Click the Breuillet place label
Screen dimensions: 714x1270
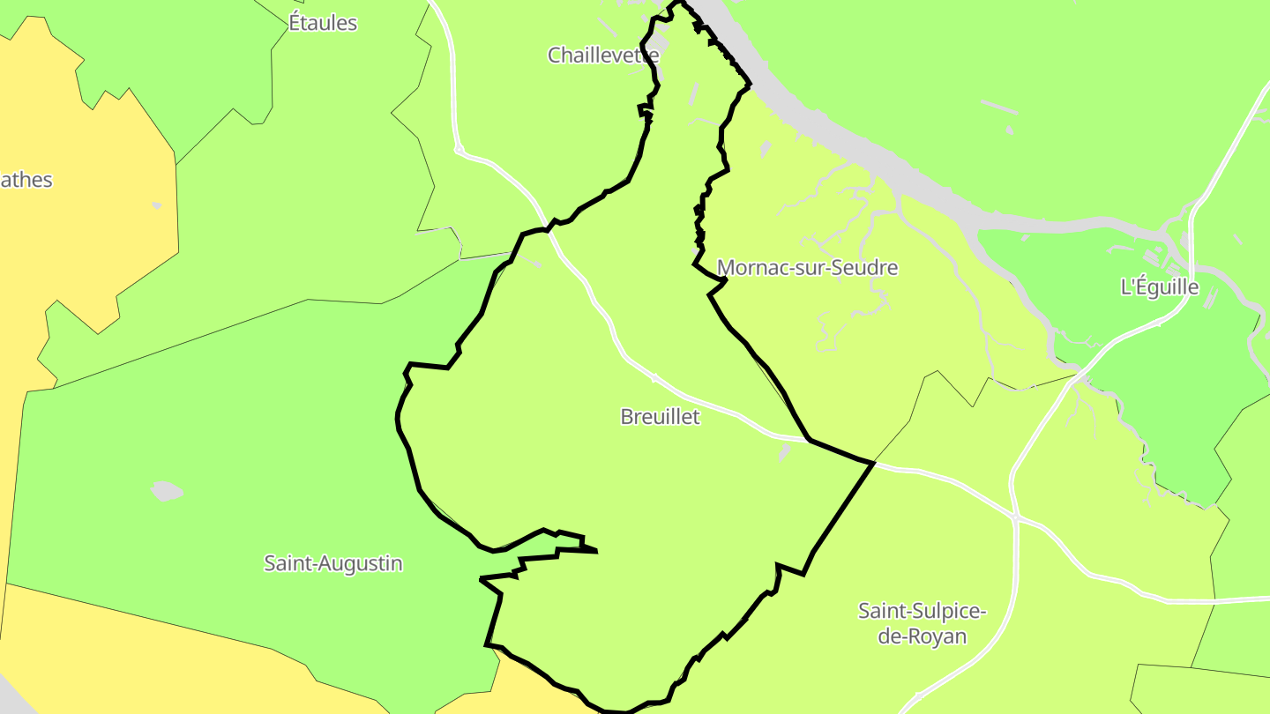tap(660, 417)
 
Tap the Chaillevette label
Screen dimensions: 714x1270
tap(603, 56)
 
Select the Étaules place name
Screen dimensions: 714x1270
tap(323, 23)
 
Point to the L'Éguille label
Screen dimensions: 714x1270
tap(1159, 287)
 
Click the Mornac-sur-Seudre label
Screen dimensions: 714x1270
tap(807, 268)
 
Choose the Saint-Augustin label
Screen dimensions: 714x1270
tap(333, 563)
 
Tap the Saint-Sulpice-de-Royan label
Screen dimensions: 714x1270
tap(923, 623)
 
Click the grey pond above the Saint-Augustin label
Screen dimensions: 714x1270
tap(166, 491)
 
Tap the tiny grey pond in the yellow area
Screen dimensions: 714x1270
tap(157, 205)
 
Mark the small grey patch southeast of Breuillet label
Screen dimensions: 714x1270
tap(783, 452)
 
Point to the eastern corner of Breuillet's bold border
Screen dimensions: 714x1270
tap(873, 462)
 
